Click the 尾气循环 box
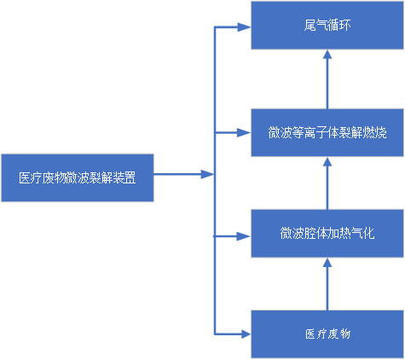click(327, 26)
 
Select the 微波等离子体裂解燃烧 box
click(327, 132)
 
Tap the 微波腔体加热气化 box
click(327, 234)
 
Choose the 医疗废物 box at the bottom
click(327, 334)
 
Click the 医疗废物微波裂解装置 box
click(78, 177)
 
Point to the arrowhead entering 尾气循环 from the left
click(244, 27)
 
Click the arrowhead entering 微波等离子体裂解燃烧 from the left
click(244, 132)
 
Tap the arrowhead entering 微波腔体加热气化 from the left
click(244, 236)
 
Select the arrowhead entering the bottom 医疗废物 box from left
click(244, 334)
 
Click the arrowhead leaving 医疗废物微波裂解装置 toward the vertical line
click(207, 174)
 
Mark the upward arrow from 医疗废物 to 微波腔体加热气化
click(327, 284)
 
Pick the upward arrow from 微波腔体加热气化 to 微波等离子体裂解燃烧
click(327, 183)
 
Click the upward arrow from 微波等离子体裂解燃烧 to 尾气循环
click(327, 79)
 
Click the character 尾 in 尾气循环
click(310, 25)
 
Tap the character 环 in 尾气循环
click(345, 25)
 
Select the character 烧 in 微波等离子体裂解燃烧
click(381, 132)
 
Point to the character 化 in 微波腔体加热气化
click(369, 233)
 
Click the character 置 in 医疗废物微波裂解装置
click(130, 177)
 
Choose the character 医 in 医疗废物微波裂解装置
click(25, 177)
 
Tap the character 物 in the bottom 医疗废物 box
click(345, 334)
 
